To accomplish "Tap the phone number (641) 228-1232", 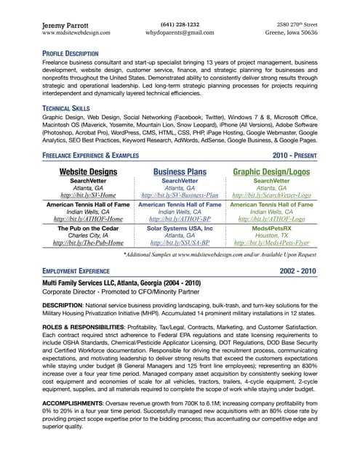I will point(179,24).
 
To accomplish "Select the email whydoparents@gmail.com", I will point(179,33).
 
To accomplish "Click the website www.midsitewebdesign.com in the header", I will point(76,33).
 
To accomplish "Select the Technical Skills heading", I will point(68,108).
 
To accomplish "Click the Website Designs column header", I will point(87,171).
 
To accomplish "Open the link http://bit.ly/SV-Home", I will point(87,195).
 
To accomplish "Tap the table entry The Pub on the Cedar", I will point(87,227).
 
